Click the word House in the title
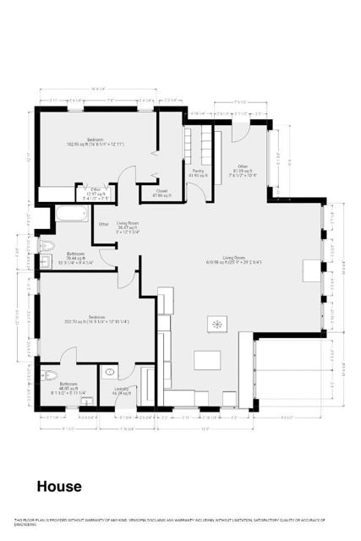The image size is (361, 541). click(58, 487)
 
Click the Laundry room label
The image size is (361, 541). click(111, 391)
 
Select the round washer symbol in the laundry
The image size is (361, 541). click(110, 372)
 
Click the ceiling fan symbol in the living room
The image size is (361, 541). click(217, 324)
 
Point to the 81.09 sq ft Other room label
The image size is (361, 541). click(243, 170)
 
